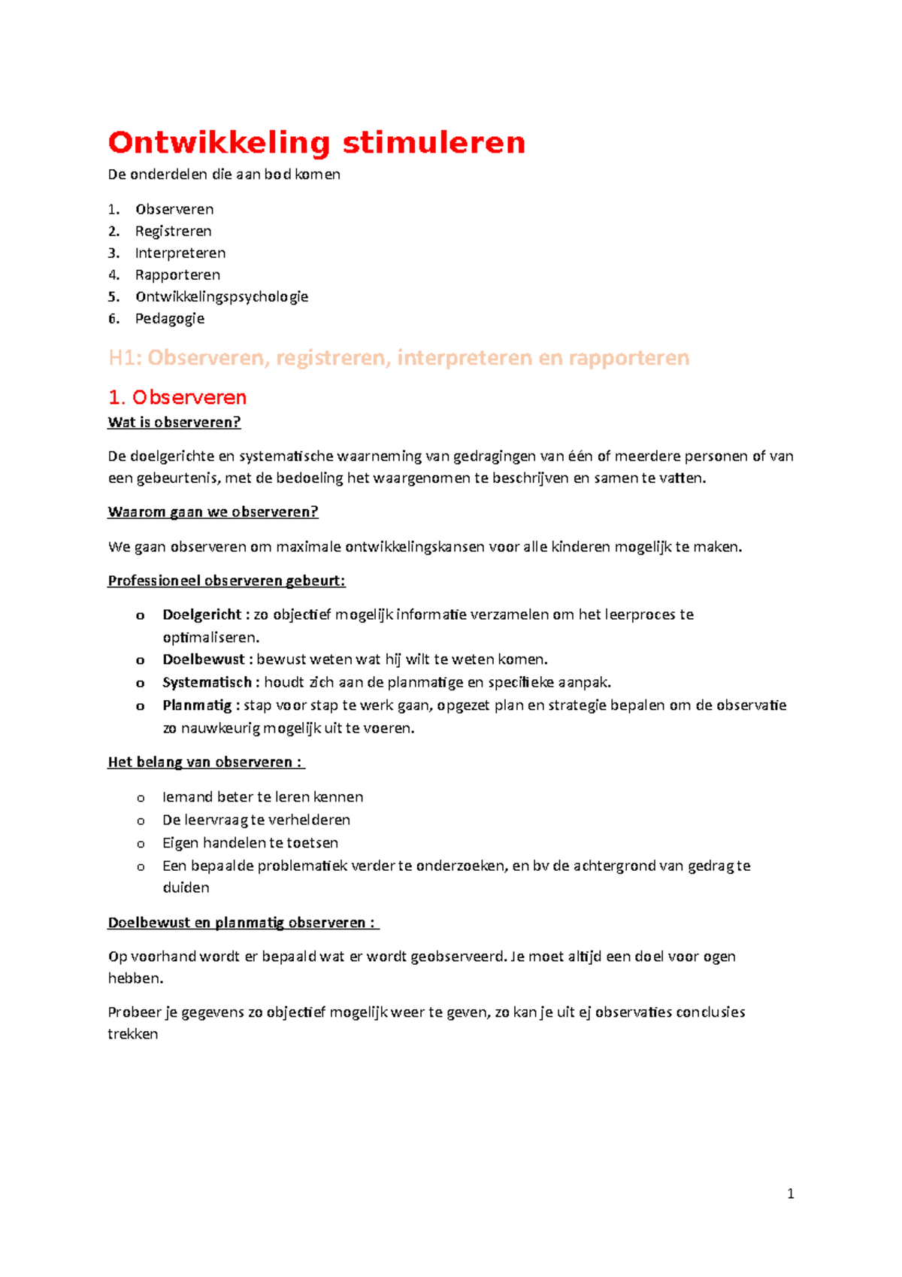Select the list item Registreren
coord(173,231)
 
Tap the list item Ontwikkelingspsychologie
coord(222,296)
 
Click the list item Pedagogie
coord(169,318)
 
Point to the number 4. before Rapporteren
coord(114,275)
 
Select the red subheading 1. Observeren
coord(177,397)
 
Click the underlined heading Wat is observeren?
coord(174,422)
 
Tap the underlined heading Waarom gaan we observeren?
coord(213,512)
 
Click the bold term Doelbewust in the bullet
coord(203,660)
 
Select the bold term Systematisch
coord(207,682)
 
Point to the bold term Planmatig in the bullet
coord(197,705)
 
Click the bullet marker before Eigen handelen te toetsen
coord(141,844)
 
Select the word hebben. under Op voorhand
coord(135,978)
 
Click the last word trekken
coord(133,1034)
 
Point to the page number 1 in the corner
coord(790,1194)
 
